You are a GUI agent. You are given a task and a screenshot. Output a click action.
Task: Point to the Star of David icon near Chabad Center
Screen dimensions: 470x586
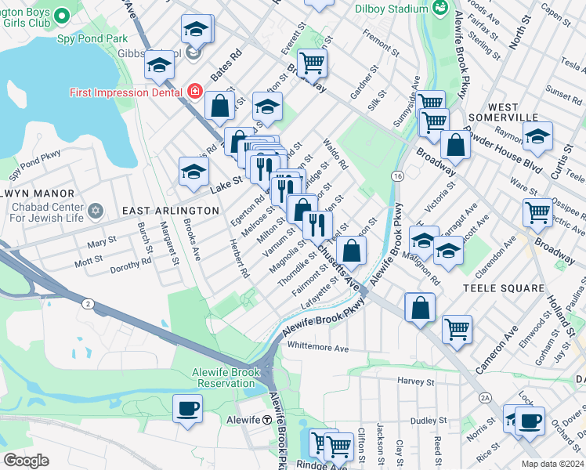[x=96, y=211]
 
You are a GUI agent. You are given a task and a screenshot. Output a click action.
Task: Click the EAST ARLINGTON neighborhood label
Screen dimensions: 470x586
[x=171, y=211]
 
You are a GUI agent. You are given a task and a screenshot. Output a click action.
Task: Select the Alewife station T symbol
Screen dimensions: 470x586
[x=266, y=420]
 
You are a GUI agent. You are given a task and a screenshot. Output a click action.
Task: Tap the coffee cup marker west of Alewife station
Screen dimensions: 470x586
[x=187, y=409]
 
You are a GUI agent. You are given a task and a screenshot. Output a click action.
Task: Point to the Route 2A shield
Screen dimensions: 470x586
[x=485, y=398]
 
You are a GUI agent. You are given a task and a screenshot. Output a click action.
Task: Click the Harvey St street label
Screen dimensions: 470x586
[x=415, y=381]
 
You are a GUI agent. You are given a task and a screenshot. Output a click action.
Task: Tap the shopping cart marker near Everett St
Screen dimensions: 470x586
[x=312, y=63]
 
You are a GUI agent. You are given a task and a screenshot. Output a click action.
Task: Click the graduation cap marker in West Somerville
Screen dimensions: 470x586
[x=537, y=136]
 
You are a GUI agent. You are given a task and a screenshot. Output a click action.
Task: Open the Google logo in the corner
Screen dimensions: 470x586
[x=27, y=461]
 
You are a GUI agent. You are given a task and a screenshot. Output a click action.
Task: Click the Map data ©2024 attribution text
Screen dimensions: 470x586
[x=553, y=464]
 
